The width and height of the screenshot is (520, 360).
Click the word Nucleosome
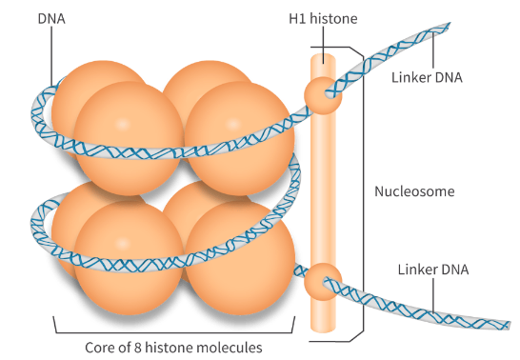pos(413,190)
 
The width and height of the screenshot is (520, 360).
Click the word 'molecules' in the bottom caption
pos(228,346)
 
